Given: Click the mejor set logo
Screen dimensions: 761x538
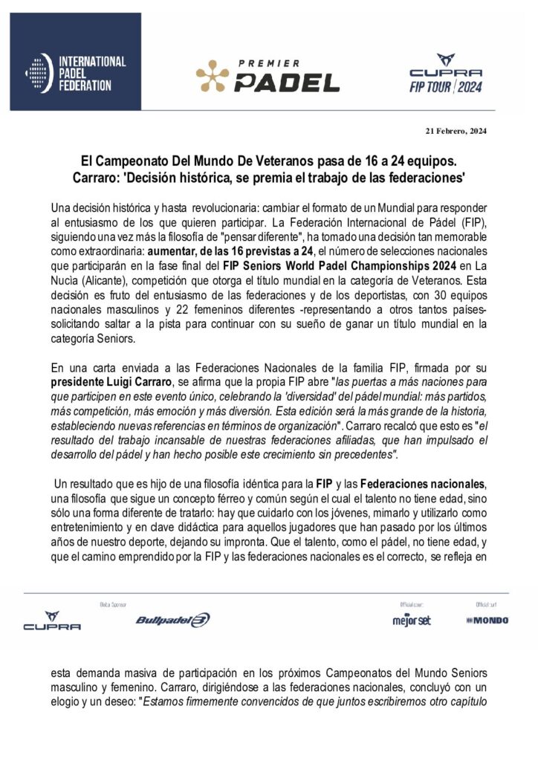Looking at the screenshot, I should click(x=411, y=621).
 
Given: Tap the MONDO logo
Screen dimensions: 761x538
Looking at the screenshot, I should click(x=487, y=620).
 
